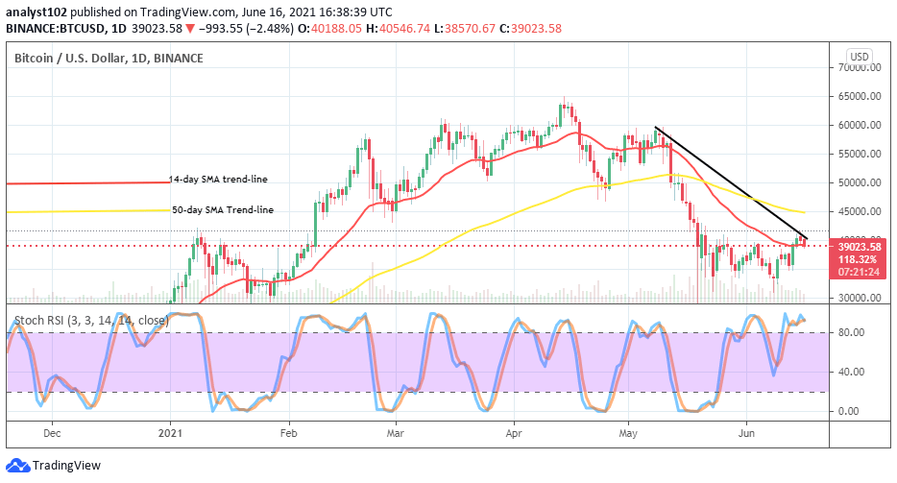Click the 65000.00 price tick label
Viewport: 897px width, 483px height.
pyautogui.click(x=859, y=96)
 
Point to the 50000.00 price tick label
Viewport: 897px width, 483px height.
pyautogui.click(x=859, y=182)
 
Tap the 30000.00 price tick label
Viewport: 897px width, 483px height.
pyautogui.click(x=859, y=298)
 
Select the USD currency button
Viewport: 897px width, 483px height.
pyautogui.click(x=860, y=57)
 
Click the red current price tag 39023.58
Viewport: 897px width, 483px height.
pyautogui.click(x=860, y=247)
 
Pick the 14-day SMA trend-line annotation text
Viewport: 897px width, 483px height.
pyautogui.click(x=218, y=180)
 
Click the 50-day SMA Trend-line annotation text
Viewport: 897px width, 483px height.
pyautogui.click(x=223, y=210)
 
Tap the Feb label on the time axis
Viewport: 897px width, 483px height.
pyautogui.click(x=288, y=433)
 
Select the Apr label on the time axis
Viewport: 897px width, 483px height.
pyautogui.click(x=513, y=433)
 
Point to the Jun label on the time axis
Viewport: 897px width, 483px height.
pyautogui.click(x=746, y=433)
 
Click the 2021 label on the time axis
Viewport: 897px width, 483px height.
pyautogui.click(x=170, y=433)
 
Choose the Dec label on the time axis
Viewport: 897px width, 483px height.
pyautogui.click(x=52, y=433)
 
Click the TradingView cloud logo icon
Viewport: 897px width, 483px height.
pyautogui.click(x=17, y=466)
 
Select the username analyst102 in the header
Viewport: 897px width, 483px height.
pyautogui.click(x=36, y=12)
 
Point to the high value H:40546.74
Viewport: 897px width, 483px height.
pyautogui.click(x=398, y=28)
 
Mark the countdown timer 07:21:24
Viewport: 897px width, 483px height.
pyautogui.click(x=859, y=272)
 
